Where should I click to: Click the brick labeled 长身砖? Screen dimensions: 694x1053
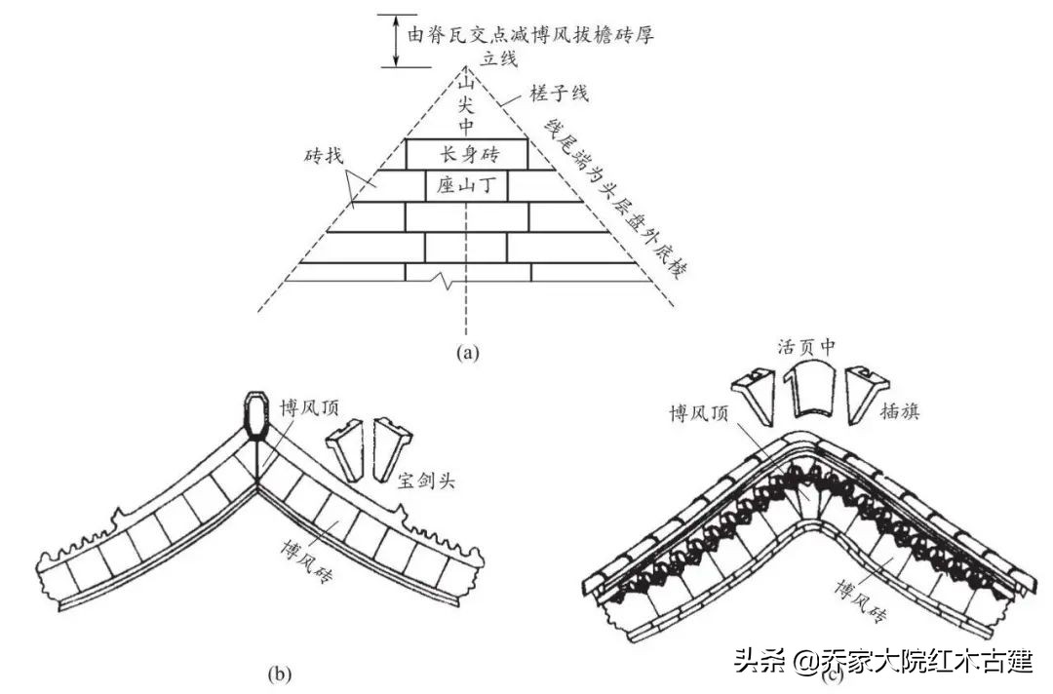pos(466,153)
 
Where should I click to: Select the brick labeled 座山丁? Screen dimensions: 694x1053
pos(466,185)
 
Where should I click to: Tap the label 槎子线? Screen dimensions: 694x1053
pos(559,95)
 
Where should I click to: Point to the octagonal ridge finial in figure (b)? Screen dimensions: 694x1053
pos(258,414)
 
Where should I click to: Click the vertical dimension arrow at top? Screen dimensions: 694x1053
pos(395,41)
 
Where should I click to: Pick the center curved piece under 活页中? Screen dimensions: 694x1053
pos(809,390)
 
